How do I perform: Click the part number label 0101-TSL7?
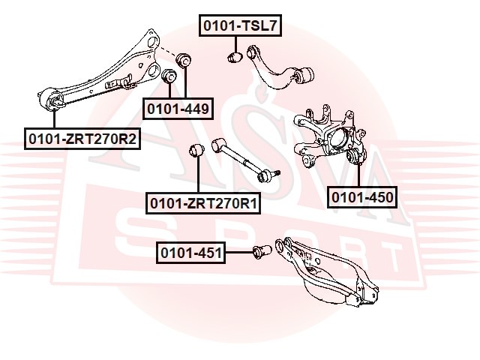point(239,26)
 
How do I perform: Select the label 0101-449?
point(177,109)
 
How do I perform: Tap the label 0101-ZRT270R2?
point(82,139)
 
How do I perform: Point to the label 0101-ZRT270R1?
point(204,202)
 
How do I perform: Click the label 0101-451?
point(190,253)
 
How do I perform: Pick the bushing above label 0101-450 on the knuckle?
point(355,157)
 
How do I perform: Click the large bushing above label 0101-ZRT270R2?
point(53,100)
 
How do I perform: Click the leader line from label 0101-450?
point(358,177)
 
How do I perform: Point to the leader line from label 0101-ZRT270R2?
point(54,119)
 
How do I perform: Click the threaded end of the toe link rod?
point(271,175)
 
